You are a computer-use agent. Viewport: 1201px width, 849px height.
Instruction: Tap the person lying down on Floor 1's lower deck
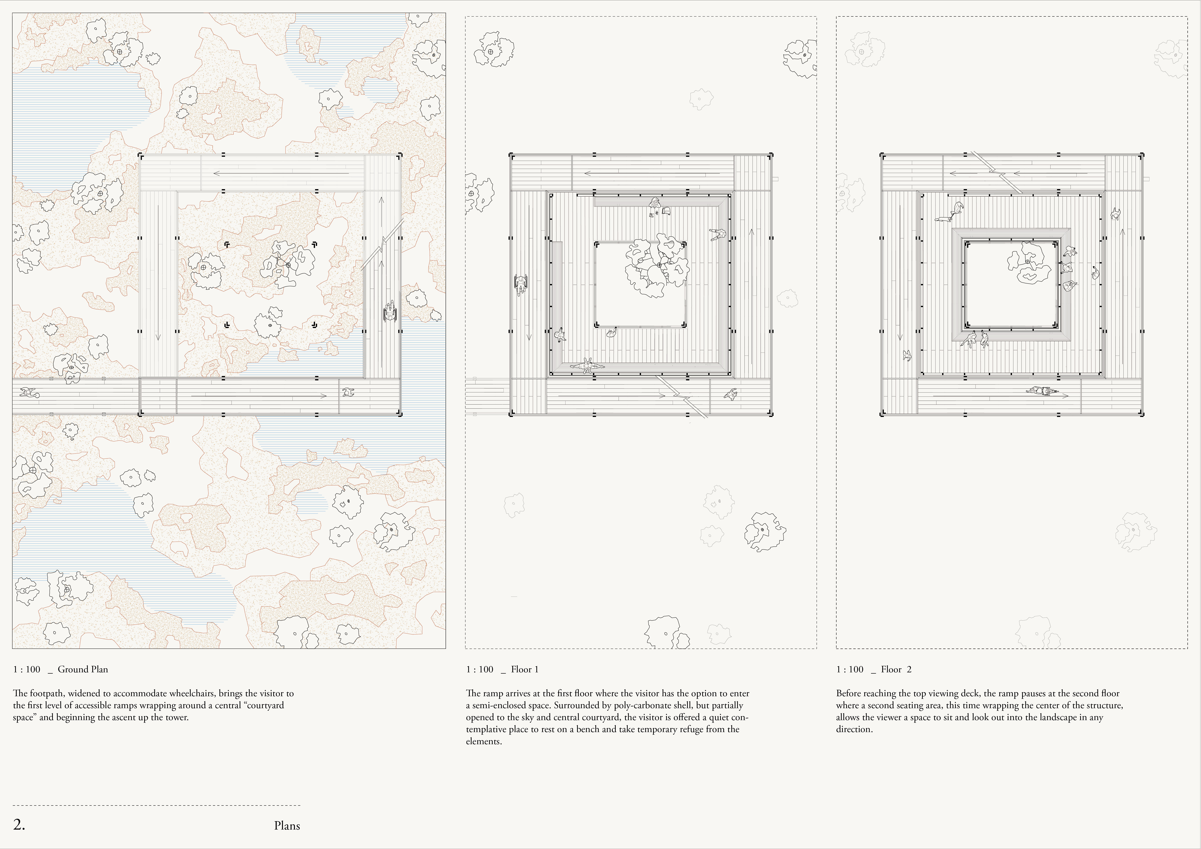point(587,365)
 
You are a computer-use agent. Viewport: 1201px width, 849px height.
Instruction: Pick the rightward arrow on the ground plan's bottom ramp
point(259,396)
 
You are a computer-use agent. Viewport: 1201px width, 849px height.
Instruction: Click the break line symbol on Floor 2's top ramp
point(997,172)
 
